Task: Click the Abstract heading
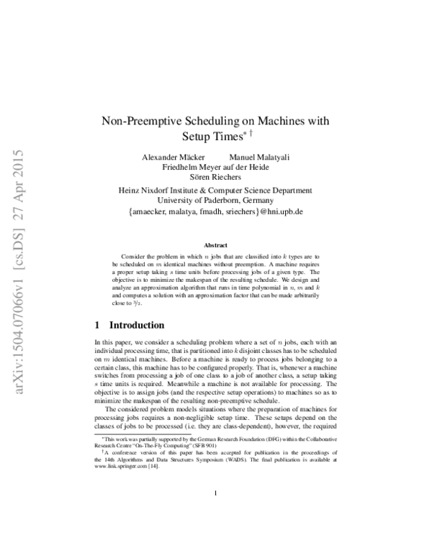click(215, 245)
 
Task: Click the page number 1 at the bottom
click(216, 512)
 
